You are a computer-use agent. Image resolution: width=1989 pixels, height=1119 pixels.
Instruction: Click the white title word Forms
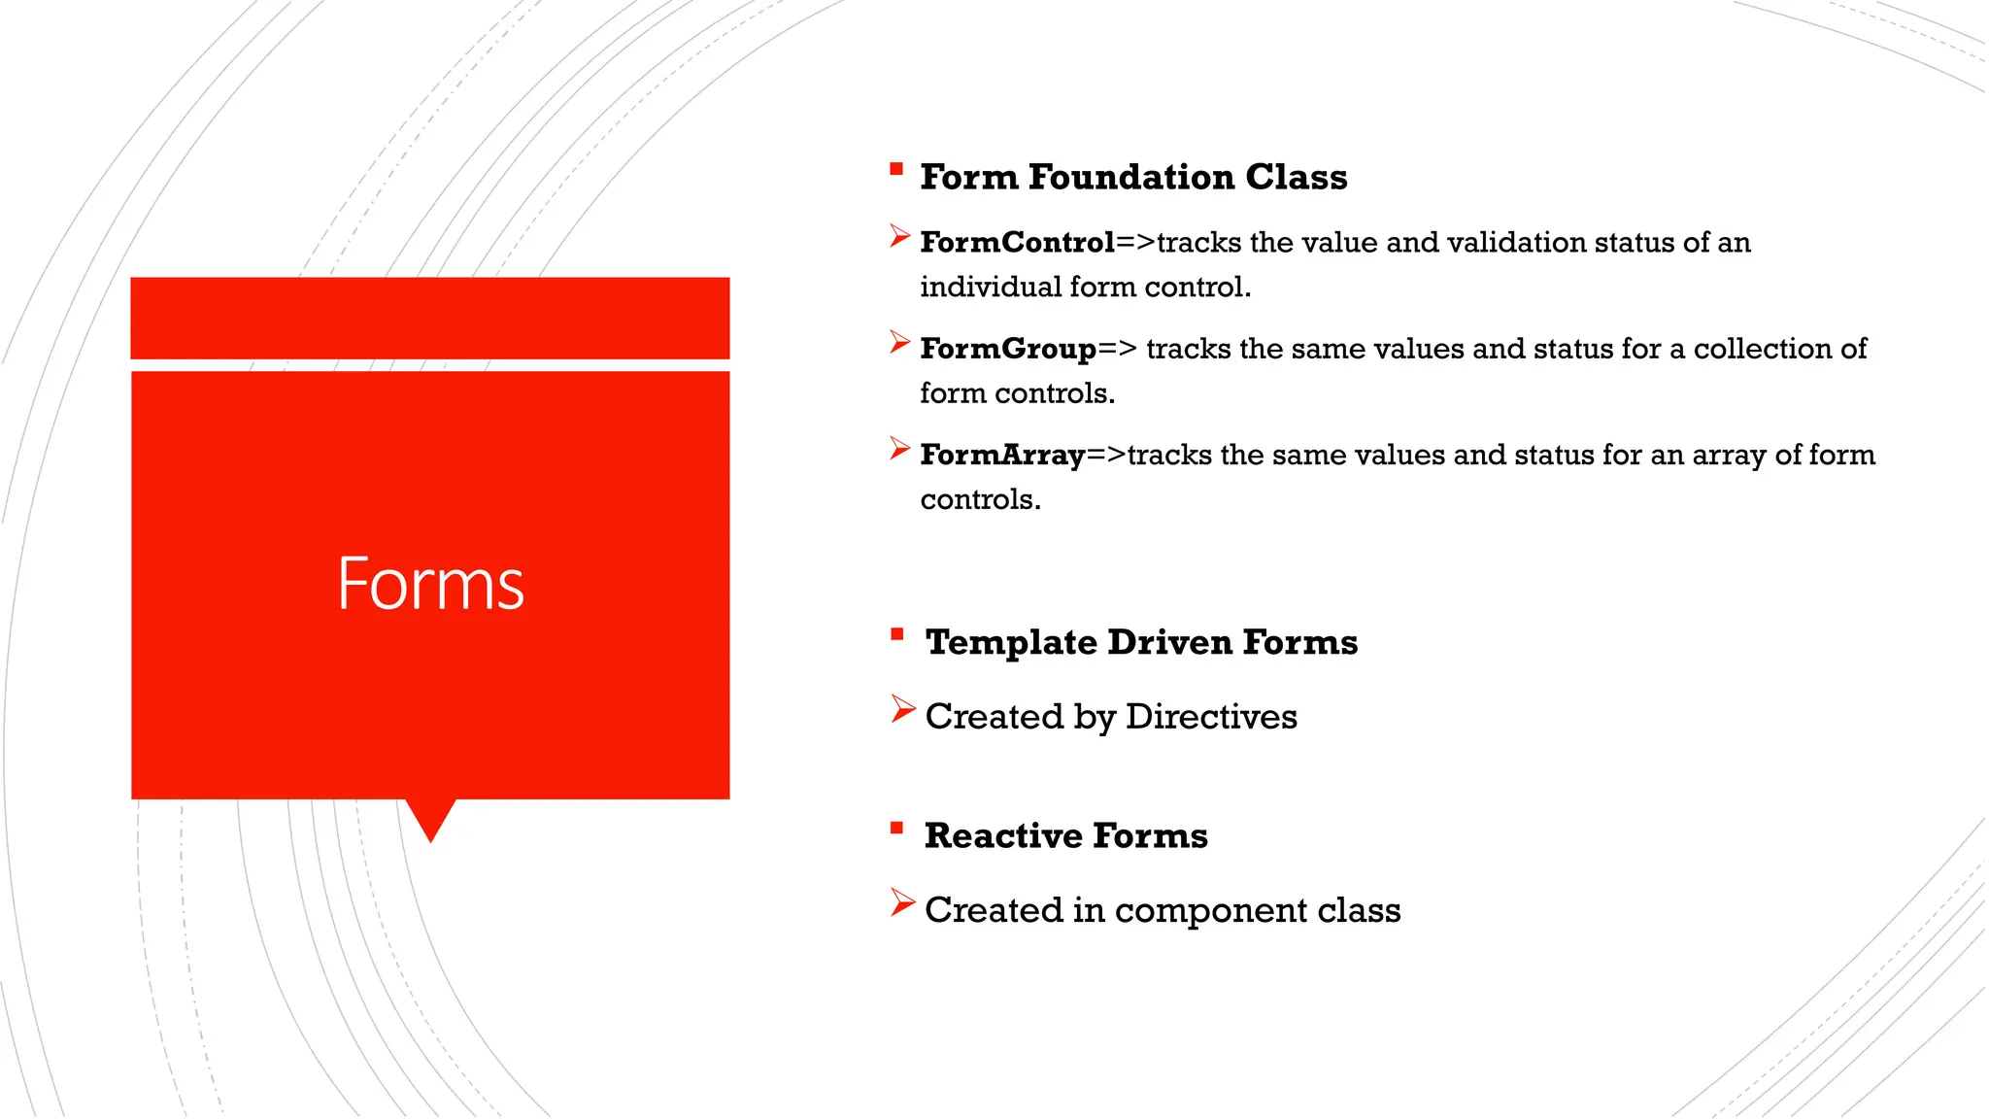(430, 584)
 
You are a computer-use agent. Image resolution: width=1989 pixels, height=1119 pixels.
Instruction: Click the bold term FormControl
(1017, 242)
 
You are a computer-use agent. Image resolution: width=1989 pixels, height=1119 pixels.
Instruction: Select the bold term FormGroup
(1008, 349)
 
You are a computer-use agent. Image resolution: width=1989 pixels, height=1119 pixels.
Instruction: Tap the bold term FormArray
(1002, 455)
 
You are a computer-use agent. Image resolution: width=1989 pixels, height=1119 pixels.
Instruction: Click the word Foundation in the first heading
(1131, 177)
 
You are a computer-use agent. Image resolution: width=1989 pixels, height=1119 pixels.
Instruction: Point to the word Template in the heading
(1011, 642)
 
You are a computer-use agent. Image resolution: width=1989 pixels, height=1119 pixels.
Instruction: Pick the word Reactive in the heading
(1003, 835)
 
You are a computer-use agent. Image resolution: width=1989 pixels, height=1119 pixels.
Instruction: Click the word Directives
(1211, 717)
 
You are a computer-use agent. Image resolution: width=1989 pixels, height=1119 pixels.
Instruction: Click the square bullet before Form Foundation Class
(896, 169)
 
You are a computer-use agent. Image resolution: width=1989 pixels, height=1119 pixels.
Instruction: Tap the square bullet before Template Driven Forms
(897, 634)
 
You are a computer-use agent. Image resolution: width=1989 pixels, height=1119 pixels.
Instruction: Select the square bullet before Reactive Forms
(897, 829)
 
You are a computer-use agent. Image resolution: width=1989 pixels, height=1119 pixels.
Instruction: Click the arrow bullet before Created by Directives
(902, 710)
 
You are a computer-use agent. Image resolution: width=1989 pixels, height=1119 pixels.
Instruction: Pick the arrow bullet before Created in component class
(902, 903)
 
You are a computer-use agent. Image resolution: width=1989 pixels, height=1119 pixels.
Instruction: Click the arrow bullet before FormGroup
(899, 342)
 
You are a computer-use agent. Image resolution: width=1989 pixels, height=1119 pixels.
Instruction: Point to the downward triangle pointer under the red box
(430, 819)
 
